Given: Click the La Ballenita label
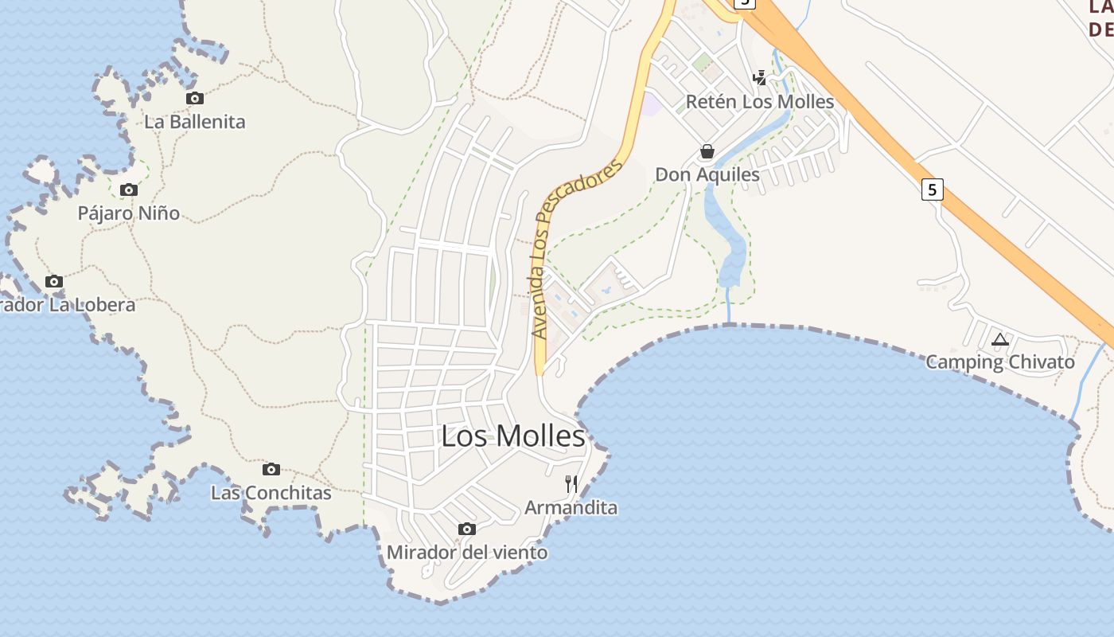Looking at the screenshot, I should tap(195, 122).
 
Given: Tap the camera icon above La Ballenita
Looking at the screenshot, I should tap(195, 99).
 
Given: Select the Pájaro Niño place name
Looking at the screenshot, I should tap(129, 213).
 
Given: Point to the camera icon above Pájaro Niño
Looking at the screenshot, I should tap(129, 190).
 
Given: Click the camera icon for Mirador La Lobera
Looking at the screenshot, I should tap(54, 282).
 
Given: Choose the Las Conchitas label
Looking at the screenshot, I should tap(271, 493).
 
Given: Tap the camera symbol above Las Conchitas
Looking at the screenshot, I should tap(271, 470).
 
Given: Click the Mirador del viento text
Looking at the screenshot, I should tap(467, 552).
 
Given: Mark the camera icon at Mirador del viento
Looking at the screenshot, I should tap(467, 530).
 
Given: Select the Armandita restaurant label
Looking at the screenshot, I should tap(571, 507).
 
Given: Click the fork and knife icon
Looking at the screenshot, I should tap(571, 484).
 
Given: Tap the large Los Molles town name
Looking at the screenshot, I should tap(513, 436).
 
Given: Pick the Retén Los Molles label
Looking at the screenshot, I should tap(760, 102).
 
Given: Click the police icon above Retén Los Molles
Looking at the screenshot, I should tap(760, 78).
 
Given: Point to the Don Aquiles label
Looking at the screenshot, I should tap(707, 174).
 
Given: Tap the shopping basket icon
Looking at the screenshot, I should tap(707, 151).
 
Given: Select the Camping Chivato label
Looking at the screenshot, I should tap(1000, 362).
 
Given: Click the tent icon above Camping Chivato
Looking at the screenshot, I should tap(1000, 340).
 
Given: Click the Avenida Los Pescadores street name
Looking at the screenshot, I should tap(575, 248).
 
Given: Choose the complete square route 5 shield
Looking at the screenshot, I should tap(933, 190).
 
